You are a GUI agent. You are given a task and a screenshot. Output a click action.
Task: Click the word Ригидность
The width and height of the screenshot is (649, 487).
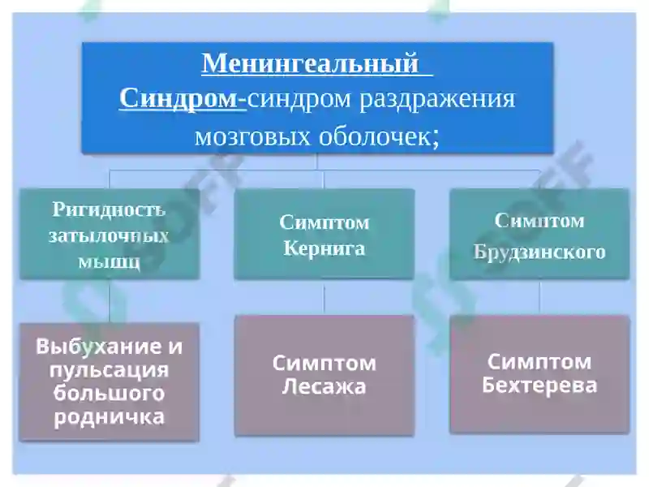tap(109, 209)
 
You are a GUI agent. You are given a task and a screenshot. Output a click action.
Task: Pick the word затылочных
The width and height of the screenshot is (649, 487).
tap(109, 236)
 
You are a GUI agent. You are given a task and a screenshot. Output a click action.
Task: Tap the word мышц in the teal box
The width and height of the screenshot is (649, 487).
tap(109, 261)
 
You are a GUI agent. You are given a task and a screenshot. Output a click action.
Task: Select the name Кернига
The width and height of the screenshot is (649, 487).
tap(324, 248)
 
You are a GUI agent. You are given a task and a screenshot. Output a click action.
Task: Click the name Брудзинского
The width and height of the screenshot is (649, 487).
tap(539, 252)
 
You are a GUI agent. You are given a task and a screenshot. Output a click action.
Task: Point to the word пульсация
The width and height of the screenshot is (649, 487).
tap(109, 370)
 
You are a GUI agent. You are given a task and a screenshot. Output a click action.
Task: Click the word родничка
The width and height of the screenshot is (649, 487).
tap(109, 417)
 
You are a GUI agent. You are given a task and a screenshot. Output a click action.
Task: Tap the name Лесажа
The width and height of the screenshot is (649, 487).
tap(324, 387)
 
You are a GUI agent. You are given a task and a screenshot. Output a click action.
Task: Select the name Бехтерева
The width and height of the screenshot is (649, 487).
tap(539, 385)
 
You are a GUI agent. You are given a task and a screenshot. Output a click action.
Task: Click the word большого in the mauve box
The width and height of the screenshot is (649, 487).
tap(109, 394)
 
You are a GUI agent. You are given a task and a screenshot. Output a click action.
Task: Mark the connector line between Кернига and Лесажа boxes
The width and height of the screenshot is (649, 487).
tap(324, 298)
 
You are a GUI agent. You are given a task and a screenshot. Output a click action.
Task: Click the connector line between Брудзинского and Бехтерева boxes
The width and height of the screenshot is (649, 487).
tap(539, 298)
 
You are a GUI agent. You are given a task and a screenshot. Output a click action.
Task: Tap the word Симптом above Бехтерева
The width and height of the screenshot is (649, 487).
tap(539, 361)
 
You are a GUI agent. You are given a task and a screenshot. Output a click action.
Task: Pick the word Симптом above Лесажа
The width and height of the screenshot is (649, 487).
tap(324, 363)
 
